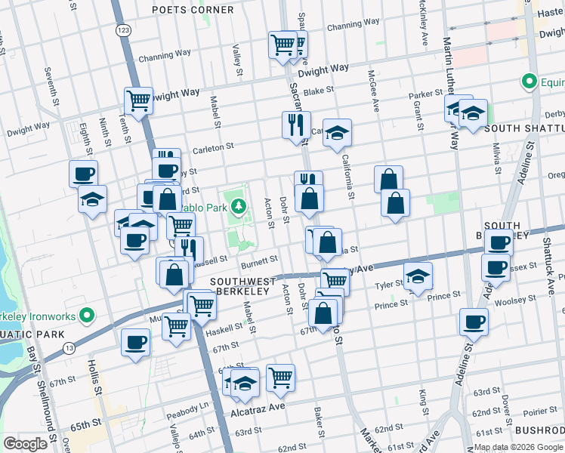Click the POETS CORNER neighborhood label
(193, 10)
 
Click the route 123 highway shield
(122, 29)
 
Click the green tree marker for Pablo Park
(239, 205)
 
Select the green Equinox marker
(531, 81)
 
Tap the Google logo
(25, 443)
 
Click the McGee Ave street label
(372, 81)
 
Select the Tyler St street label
(391, 286)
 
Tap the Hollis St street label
(96, 381)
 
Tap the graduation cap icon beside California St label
(338, 133)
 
